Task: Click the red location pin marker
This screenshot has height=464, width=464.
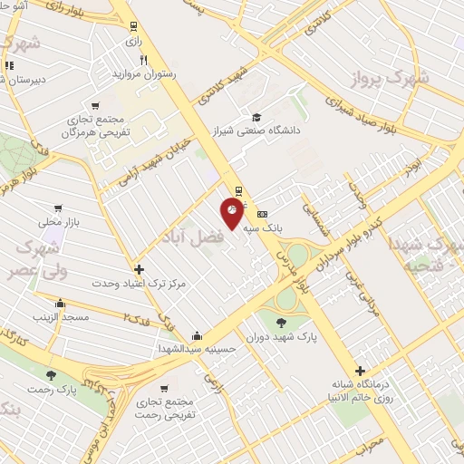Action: pos(233,212)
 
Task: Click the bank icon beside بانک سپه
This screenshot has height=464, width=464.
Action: pos(263,214)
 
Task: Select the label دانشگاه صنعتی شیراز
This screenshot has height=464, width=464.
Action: pos(256,130)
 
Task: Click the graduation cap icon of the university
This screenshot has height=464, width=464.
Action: pos(256,117)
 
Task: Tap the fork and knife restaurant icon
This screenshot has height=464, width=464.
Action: pos(143,60)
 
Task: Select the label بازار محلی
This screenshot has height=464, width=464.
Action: pos(59,220)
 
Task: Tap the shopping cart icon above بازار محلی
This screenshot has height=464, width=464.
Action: pos(59,208)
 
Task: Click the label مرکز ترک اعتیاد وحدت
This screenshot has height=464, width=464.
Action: pos(139,283)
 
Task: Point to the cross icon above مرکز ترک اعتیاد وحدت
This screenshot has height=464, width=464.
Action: pos(138,269)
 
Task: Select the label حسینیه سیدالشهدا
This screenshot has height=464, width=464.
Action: pos(197,348)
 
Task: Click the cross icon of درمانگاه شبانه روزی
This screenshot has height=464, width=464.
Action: pos(361,371)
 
